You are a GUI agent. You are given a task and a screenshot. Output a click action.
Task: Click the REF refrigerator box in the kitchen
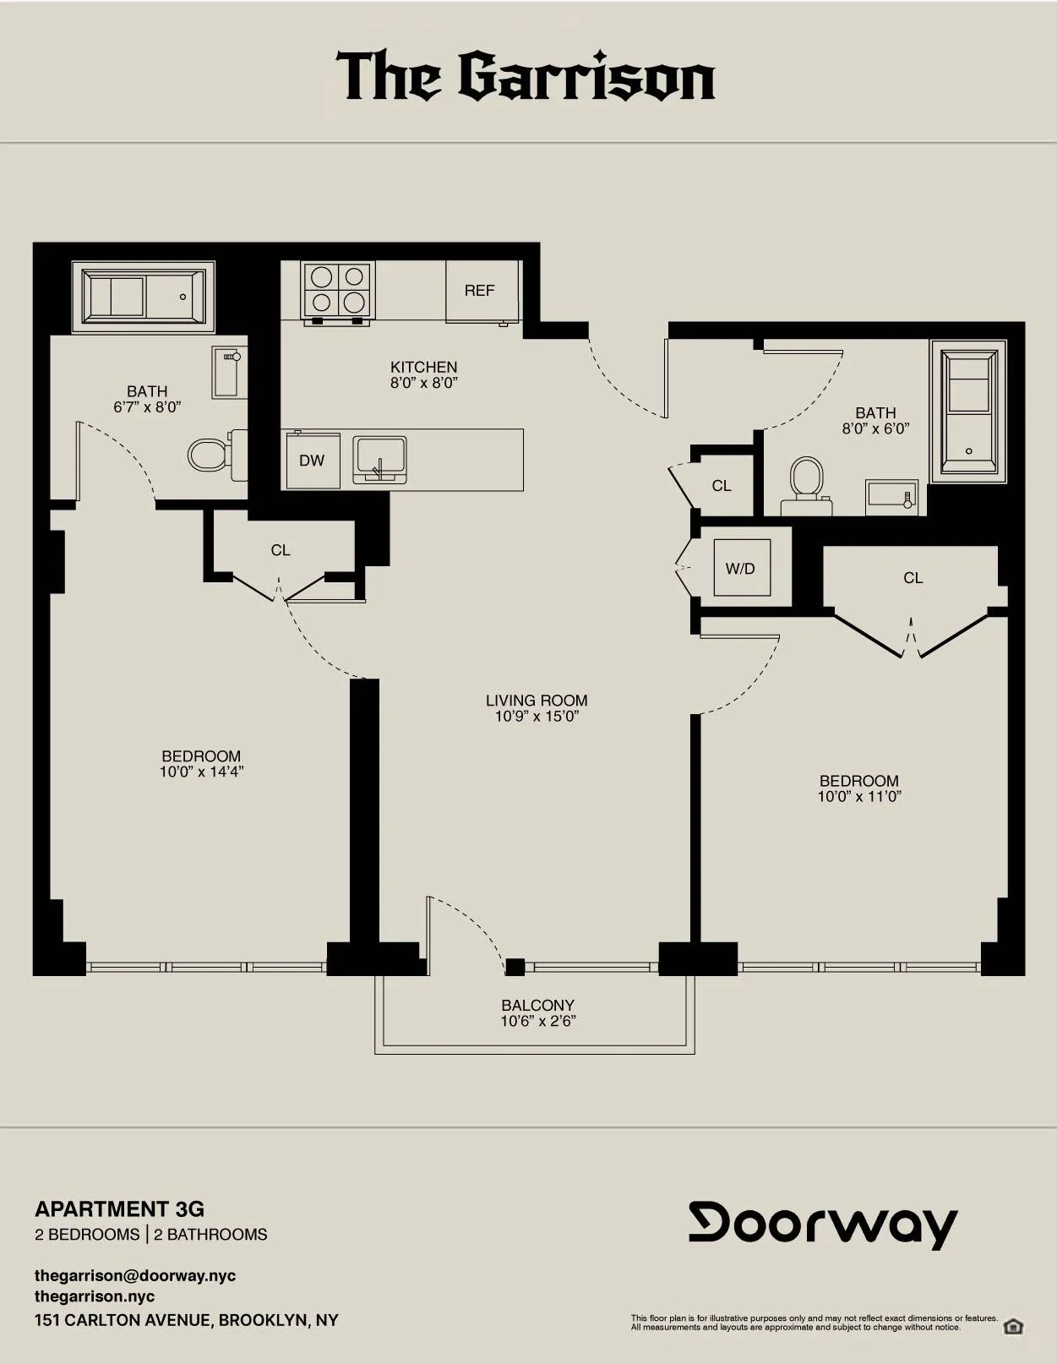pos(479,291)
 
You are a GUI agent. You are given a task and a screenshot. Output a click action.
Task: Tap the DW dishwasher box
pos(312,461)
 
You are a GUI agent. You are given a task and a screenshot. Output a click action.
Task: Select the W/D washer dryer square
pos(740,569)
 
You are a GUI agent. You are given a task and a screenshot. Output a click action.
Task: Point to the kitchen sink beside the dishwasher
pos(379,459)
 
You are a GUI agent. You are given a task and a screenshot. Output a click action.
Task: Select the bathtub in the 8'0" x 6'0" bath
pos(968,411)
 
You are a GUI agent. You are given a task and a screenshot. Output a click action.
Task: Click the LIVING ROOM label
pos(537,701)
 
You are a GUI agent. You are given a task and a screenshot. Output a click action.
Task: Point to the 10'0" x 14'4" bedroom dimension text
pos(201,772)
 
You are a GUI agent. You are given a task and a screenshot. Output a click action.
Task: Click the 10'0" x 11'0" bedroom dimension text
pos(859,796)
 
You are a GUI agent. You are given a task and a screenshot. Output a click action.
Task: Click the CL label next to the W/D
pos(722,486)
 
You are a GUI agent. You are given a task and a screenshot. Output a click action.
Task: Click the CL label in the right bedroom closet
pos(913,578)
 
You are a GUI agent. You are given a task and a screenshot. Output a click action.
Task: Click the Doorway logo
pos(823,1224)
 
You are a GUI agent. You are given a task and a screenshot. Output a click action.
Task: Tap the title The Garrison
pos(526,76)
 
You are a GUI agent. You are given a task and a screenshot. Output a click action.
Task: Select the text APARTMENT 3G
pos(119,1209)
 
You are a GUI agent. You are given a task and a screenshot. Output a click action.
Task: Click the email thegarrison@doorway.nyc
pos(135,1275)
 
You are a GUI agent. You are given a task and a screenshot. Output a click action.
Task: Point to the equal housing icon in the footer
pos(1013,1326)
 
